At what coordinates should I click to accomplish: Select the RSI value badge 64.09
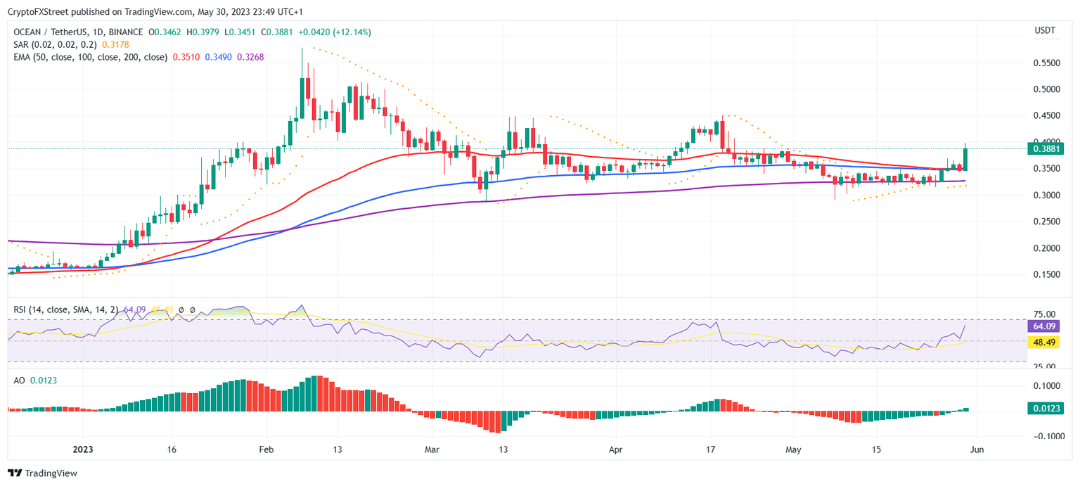(x=1041, y=326)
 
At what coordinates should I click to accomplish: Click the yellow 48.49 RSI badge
(x=1041, y=342)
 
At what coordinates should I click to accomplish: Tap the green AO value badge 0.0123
(x=1041, y=408)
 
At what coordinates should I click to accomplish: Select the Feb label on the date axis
(x=266, y=449)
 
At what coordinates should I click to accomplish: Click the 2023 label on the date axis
(x=82, y=449)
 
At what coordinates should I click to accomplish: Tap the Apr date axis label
(x=615, y=449)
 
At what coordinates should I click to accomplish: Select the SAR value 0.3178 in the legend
(x=115, y=44)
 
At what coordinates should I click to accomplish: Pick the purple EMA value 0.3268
(x=250, y=57)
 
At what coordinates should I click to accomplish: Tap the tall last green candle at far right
(x=965, y=159)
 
